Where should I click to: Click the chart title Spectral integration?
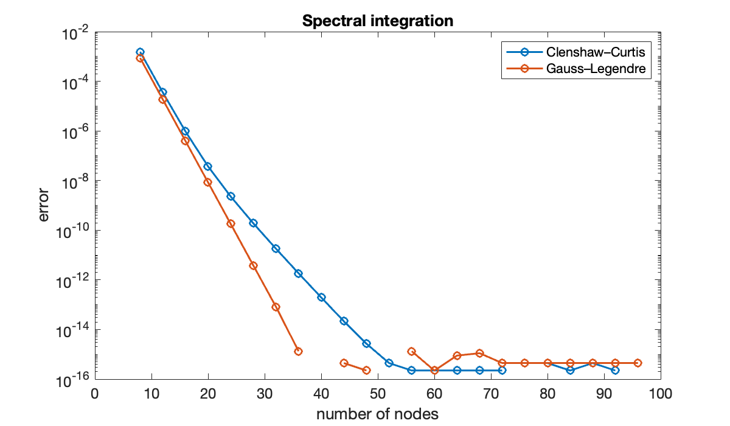tap(378, 21)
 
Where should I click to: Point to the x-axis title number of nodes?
tap(377, 414)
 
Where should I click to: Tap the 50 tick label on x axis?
tap(377, 393)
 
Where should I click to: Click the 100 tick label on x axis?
tap(660, 393)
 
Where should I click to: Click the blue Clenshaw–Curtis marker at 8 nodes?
tap(140, 52)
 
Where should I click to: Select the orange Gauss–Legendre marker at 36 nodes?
tap(298, 351)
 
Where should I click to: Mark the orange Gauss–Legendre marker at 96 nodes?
tap(638, 363)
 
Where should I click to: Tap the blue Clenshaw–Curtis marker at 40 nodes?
tap(321, 297)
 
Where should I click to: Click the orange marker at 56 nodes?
tap(411, 351)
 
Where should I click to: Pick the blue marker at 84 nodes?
tap(570, 370)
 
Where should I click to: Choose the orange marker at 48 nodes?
tap(366, 370)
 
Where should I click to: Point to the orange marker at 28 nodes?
tap(253, 265)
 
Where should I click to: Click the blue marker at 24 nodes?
tap(231, 196)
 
